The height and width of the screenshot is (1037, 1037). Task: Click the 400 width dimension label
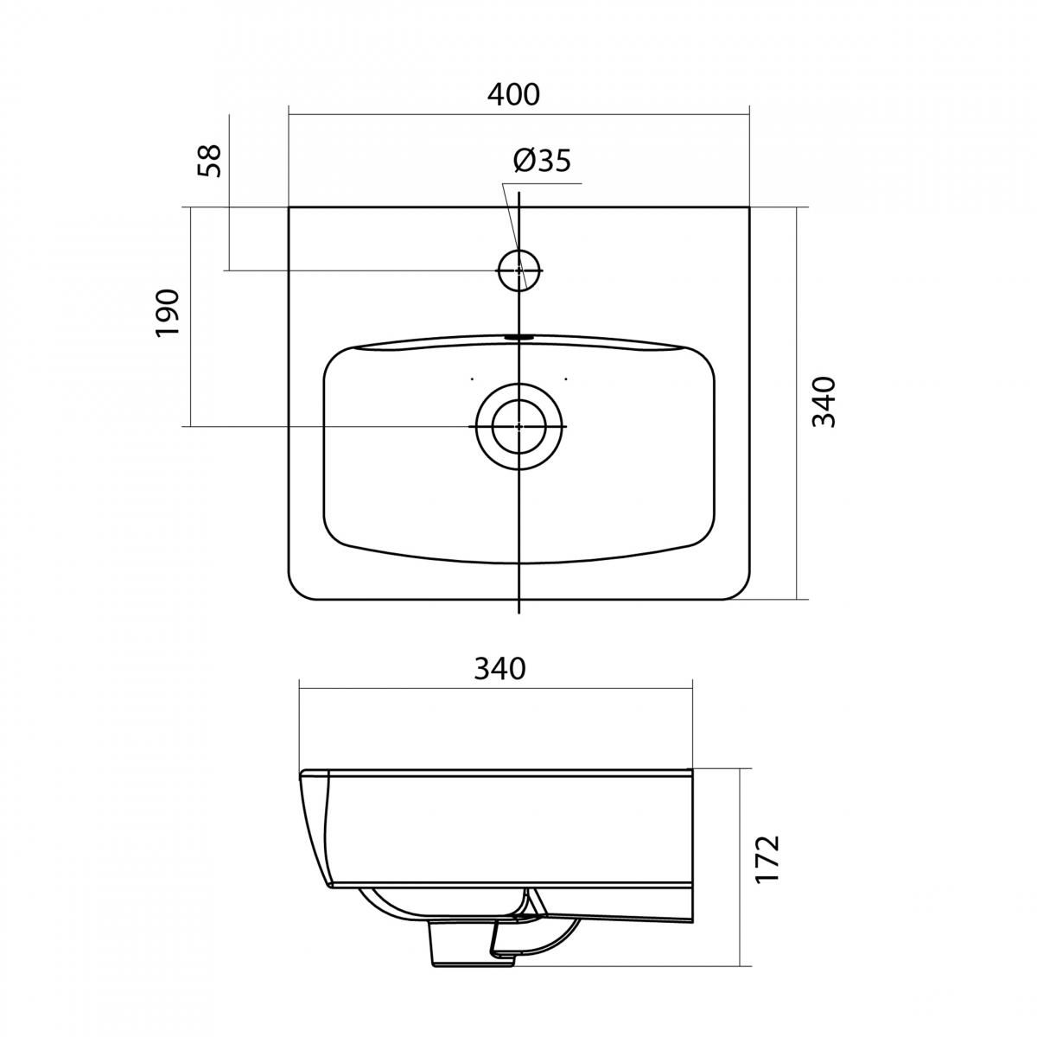coord(512,95)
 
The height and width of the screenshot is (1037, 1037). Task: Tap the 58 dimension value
coord(210,161)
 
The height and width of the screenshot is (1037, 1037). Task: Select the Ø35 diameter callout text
coord(542,161)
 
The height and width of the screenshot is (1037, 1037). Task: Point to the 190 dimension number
coord(166,313)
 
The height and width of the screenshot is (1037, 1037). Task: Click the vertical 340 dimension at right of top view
coord(824,402)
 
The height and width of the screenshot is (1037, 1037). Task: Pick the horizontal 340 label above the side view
coord(499,670)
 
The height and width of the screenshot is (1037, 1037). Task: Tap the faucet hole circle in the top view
coord(518,270)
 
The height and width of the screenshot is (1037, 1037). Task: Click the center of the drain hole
coord(518,426)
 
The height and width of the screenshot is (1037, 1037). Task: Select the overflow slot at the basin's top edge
coord(518,337)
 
